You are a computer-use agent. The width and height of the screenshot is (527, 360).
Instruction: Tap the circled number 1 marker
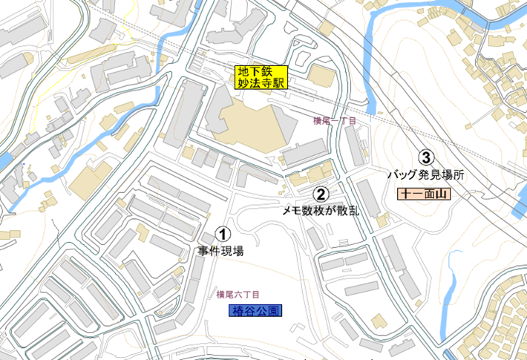pos(220,235)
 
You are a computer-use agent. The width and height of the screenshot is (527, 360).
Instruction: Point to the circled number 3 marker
pos(426,157)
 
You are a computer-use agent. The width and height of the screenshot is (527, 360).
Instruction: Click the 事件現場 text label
pos(220,251)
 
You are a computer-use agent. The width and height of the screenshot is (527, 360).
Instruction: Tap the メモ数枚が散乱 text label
pos(321,211)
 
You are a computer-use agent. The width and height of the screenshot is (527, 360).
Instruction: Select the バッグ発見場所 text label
pos(426,175)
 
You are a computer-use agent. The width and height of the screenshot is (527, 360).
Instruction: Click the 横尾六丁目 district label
pos(238,294)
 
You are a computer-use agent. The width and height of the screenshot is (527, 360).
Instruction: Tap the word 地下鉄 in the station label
pos(252,72)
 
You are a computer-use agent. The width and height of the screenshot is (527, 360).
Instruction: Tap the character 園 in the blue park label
pos(275,310)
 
